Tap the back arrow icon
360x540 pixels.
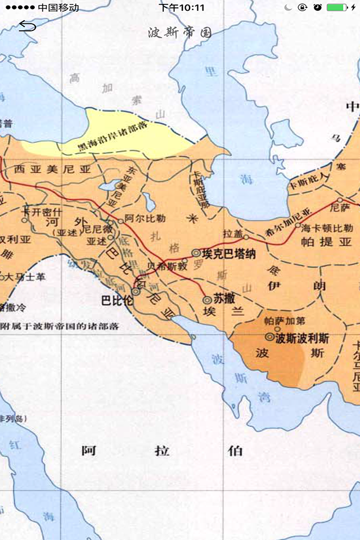pos(27,26)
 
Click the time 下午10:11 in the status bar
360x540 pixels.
pos(182,8)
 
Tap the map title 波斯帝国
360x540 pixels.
pos(179,32)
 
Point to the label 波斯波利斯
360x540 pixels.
pos(302,338)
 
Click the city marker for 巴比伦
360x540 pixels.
pos(136,291)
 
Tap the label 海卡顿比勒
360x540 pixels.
pos(327,228)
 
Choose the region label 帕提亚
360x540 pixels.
pos(334,242)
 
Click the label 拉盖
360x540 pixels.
pos(232,233)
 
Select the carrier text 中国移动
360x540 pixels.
pos(58,8)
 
